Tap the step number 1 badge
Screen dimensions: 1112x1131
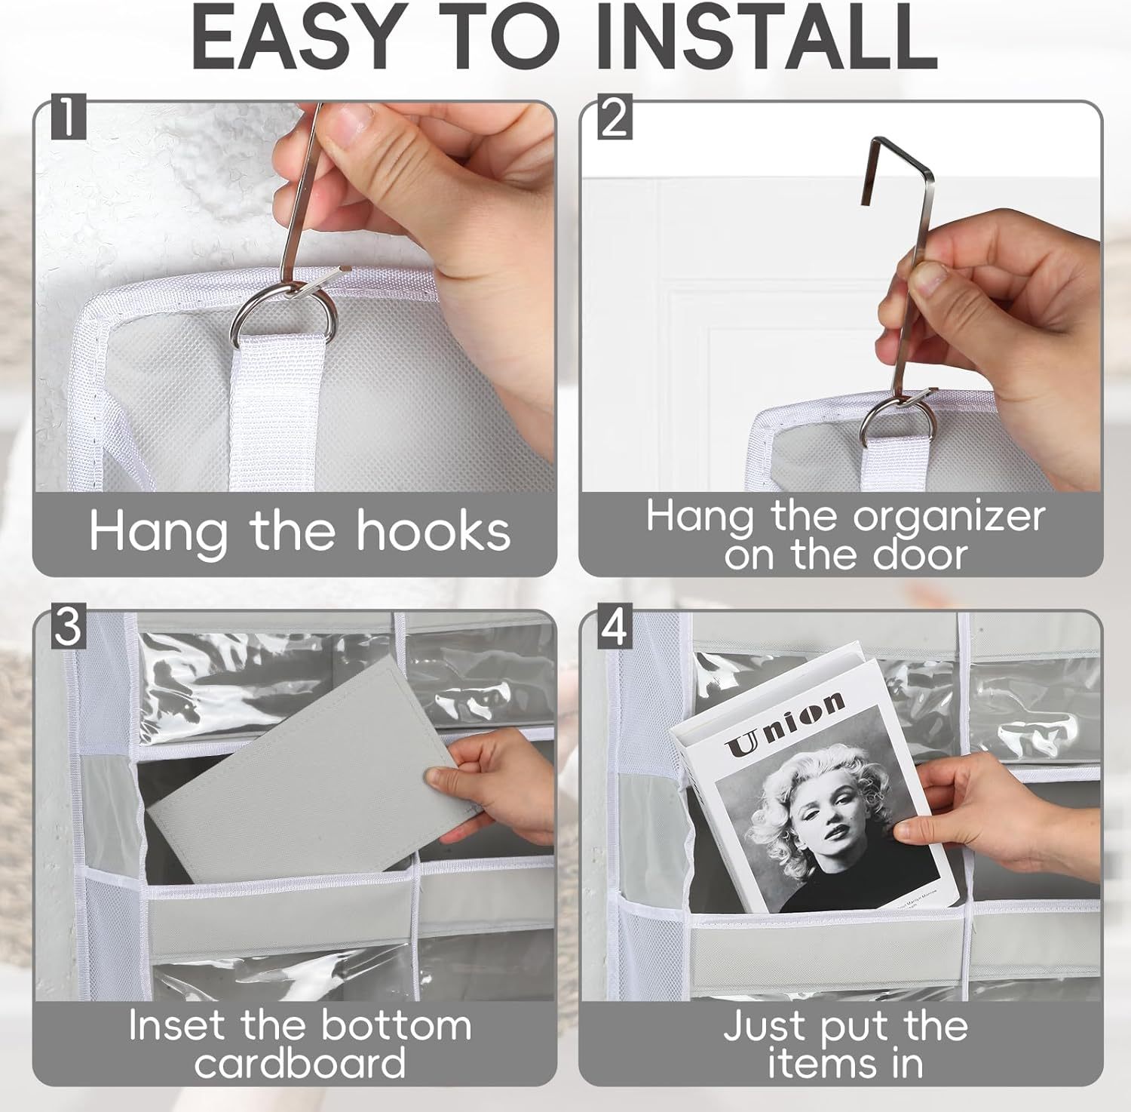pyautogui.click(x=69, y=120)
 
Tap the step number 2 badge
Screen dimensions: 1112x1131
pyautogui.click(x=615, y=120)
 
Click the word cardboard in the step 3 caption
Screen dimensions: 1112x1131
pyautogui.click(x=300, y=1063)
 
